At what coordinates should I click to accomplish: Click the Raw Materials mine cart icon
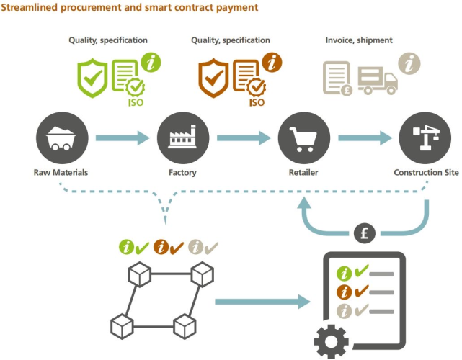point(62,138)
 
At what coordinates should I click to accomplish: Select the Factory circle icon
point(182,138)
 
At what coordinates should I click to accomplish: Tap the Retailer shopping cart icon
point(303,138)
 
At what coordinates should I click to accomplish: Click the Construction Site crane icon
point(425,138)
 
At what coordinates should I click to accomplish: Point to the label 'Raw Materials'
point(62,173)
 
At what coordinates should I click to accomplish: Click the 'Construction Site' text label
point(425,173)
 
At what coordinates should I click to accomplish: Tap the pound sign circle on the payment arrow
point(365,234)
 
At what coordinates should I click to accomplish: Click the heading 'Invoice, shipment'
point(359,40)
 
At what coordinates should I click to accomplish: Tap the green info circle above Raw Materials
point(152,62)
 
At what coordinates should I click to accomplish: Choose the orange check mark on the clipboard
point(361,292)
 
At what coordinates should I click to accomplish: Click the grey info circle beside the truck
point(410,63)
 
